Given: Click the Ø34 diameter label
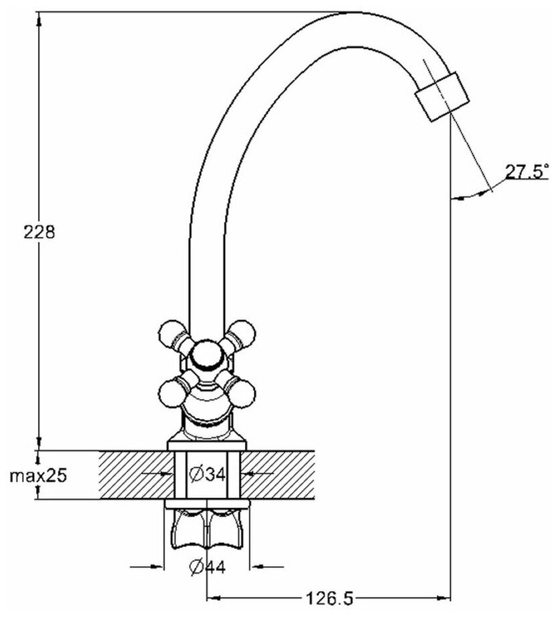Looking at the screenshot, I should [x=206, y=475].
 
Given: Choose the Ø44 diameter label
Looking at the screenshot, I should [x=207, y=568].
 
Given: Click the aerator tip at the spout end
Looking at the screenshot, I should [x=441, y=96].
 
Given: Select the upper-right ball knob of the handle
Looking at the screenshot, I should [x=242, y=331].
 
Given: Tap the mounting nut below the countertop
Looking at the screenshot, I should [x=207, y=524].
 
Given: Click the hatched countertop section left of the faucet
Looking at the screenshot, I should [x=133, y=475].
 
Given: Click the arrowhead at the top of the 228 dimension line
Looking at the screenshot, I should [x=39, y=19].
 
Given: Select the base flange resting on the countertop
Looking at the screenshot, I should [x=208, y=445].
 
